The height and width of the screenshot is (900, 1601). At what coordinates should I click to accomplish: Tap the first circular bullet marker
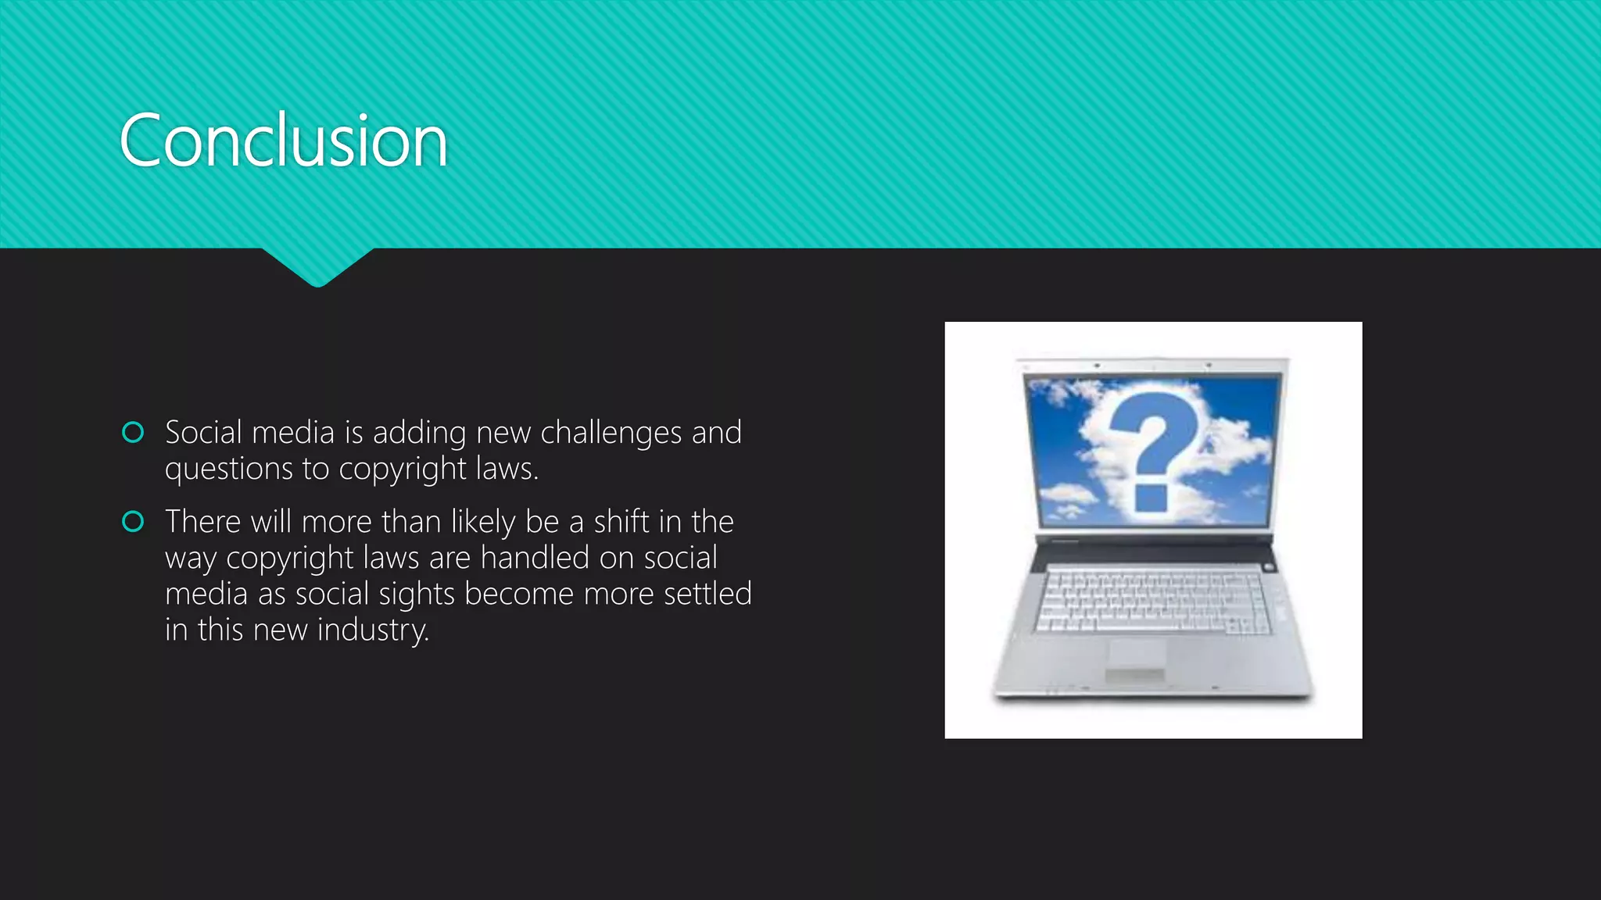[x=134, y=432]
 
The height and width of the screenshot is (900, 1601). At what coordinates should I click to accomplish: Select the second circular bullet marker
[x=134, y=521]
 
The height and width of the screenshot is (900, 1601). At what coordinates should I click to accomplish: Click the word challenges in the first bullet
[x=611, y=433]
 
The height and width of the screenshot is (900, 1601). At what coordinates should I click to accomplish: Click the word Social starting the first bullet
[x=203, y=433]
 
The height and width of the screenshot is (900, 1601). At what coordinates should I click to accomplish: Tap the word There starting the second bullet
[x=202, y=522]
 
